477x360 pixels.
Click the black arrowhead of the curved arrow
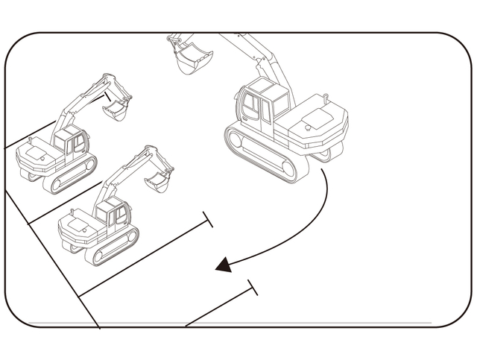coord(222,265)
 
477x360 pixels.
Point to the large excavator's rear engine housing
coord(316,127)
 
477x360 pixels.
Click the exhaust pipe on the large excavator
coord(326,98)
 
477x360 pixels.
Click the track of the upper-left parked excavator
coord(72,175)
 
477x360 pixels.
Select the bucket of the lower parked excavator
coord(158,180)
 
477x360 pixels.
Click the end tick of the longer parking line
coord(209,220)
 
